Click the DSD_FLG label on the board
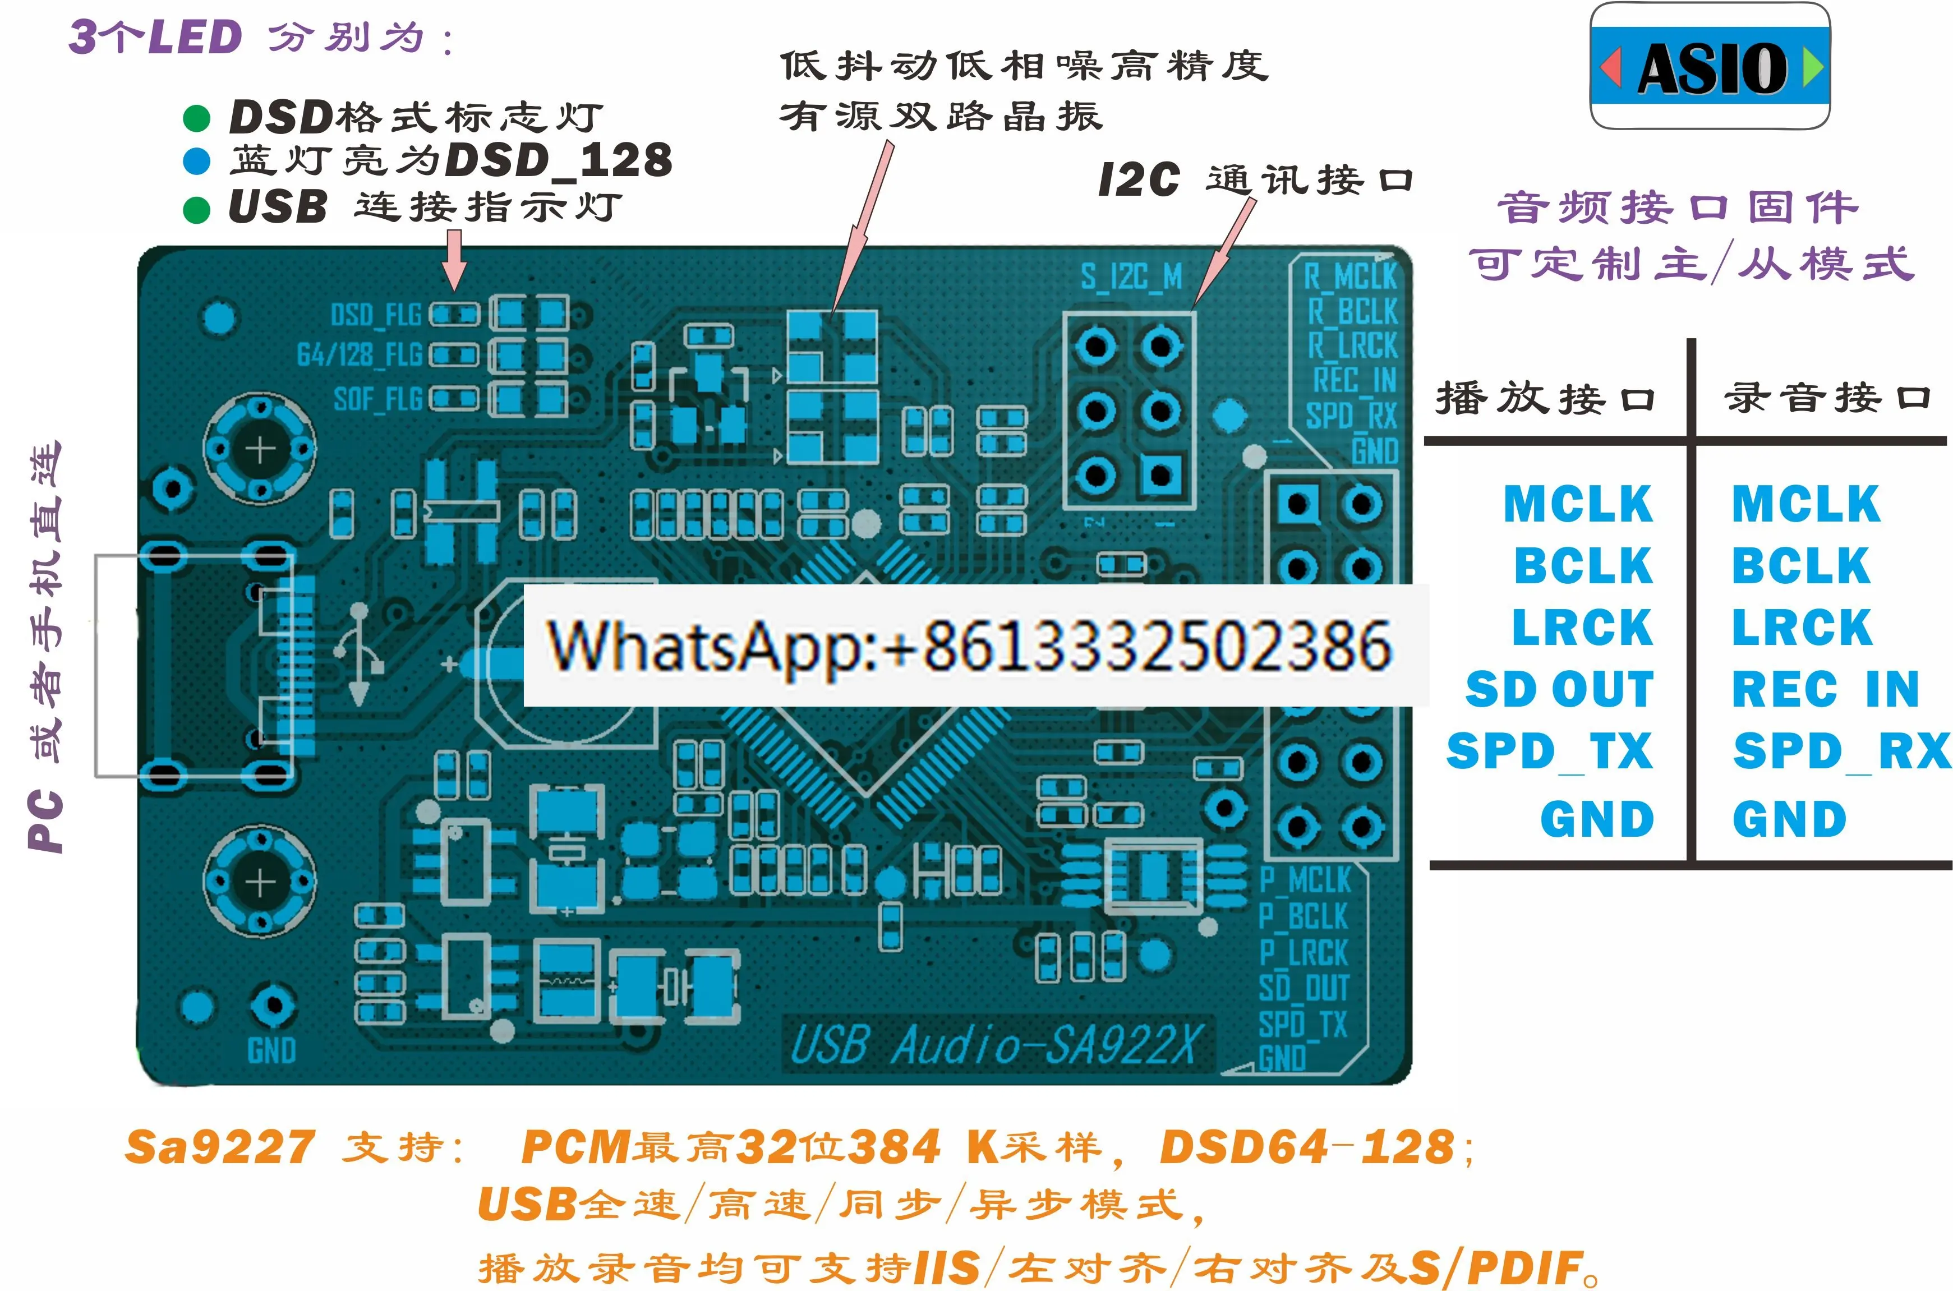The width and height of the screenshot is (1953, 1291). click(x=375, y=315)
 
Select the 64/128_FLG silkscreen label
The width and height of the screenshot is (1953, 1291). click(x=359, y=355)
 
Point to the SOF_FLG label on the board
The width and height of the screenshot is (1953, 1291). click(x=377, y=399)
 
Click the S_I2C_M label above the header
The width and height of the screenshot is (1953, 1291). click(x=1131, y=278)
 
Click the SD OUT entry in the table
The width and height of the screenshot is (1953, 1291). click(x=1559, y=689)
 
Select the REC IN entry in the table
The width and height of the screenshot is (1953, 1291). click(x=1825, y=689)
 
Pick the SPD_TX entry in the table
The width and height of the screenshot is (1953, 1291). click(x=1549, y=751)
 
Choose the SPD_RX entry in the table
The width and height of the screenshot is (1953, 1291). click(x=1841, y=751)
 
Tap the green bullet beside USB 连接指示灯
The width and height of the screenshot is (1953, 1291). click(x=196, y=209)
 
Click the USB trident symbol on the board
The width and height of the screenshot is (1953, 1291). click(x=359, y=654)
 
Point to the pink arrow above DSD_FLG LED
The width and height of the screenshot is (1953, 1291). click(x=454, y=259)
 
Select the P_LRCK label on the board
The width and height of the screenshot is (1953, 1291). click(x=1303, y=953)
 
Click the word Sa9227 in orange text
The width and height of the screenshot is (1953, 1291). click(x=220, y=1147)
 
